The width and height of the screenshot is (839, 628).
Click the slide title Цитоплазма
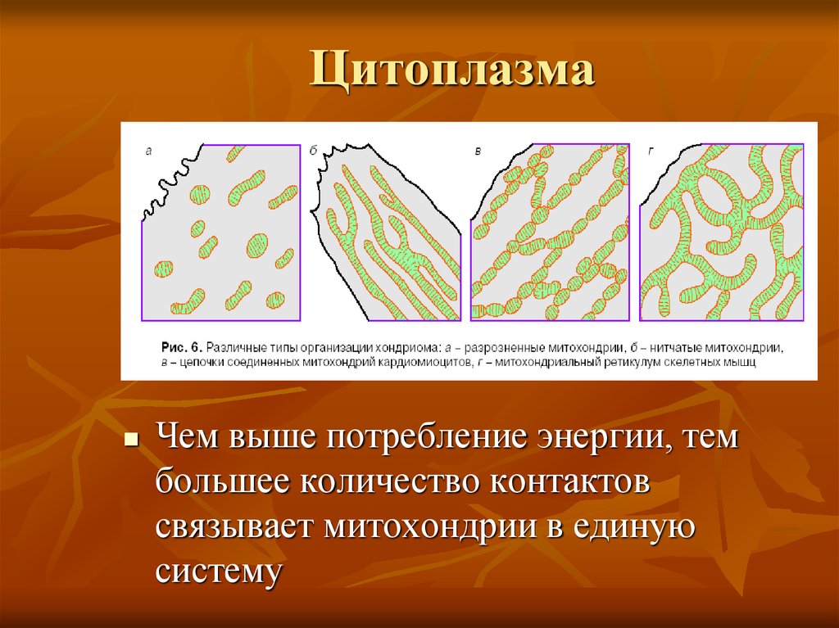[451, 72]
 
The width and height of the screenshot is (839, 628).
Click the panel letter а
[148, 150]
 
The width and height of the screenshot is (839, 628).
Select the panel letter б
[313, 150]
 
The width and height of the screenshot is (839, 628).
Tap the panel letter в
[477, 150]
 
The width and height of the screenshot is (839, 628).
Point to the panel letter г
[651, 150]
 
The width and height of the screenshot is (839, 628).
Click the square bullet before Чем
[129, 440]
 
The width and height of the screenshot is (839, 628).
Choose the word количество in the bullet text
[388, 482]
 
